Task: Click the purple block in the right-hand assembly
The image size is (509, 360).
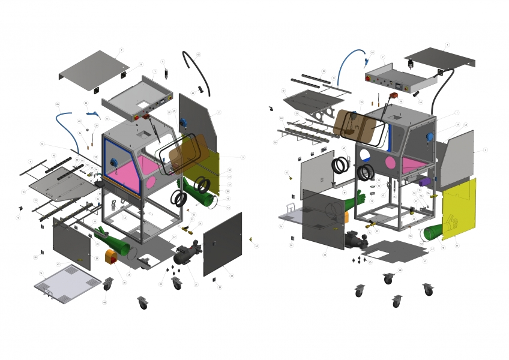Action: (424, 181)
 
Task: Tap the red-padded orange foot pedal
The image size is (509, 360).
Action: (112, 257)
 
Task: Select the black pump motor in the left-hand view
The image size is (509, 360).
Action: (188, 255)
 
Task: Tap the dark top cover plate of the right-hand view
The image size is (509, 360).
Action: (441, 57)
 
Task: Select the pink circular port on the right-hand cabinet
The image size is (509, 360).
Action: (390, 162)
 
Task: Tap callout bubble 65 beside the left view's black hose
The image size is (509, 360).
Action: (199, 55)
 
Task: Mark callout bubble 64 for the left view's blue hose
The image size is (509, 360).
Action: (58, 104)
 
